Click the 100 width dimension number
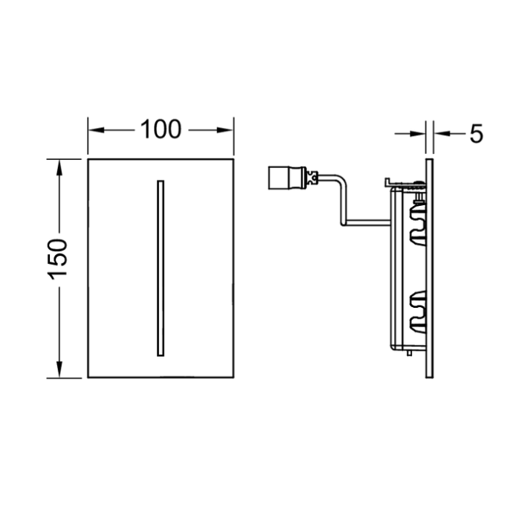[x=161, y=129]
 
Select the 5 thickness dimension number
[x=476, y=134]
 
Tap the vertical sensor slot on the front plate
[x=158, y=268]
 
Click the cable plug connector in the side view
[x=285, y=178]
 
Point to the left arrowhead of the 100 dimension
[x=94, y=129]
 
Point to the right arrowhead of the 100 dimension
[x=228, y=129]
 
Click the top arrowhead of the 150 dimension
[x=59, y=165]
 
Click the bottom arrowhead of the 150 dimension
[x=59, y=371]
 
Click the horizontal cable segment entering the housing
[x=368, y=221]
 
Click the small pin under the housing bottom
[x=409, y=353]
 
